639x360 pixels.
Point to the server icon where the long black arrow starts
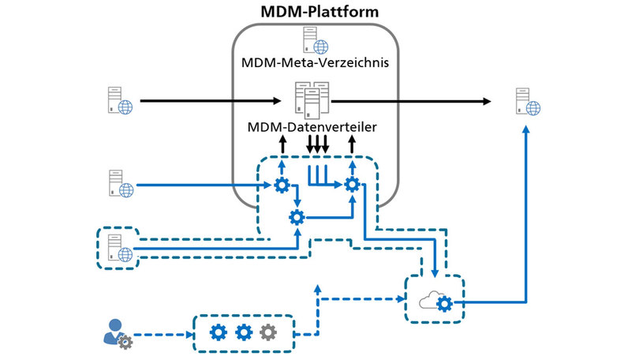point(119,101)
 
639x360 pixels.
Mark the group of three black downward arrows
point(317,145)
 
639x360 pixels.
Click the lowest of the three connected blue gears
point(297,217)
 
